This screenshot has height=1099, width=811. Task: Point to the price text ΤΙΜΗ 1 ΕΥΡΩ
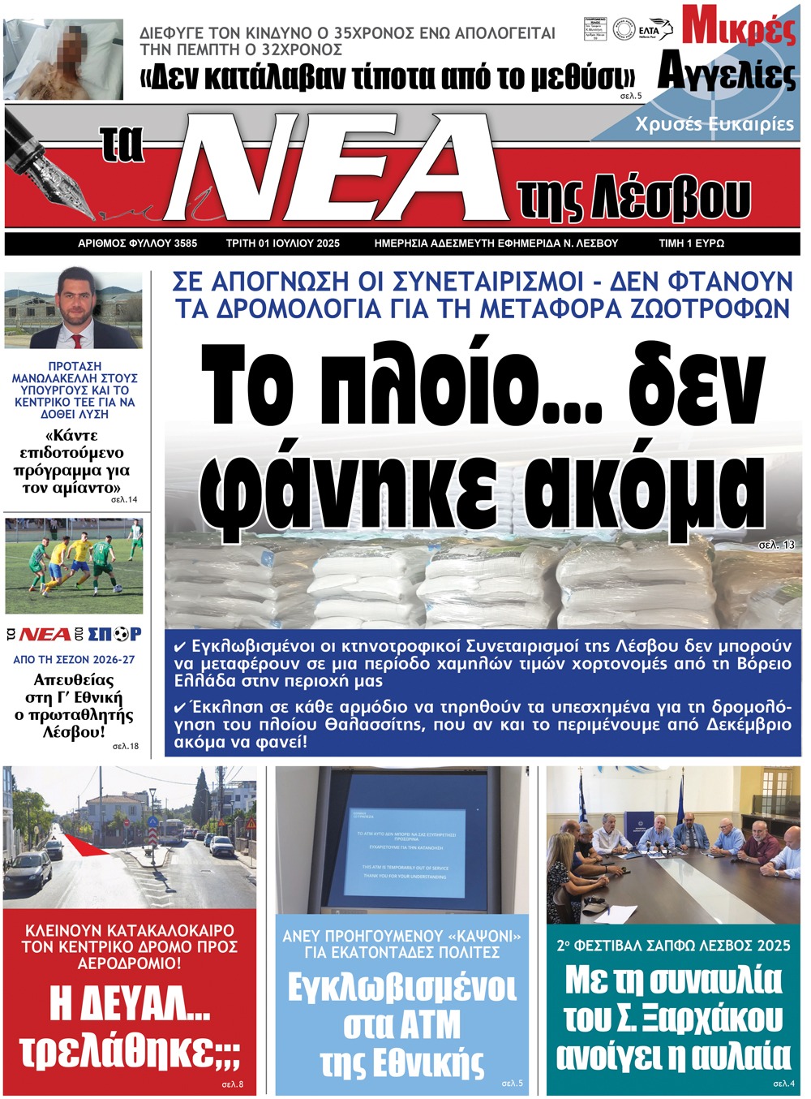(x=691, y=244)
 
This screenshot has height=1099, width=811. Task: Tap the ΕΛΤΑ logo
(x=656, y=29)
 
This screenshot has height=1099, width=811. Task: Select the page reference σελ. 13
(x=776, y=545)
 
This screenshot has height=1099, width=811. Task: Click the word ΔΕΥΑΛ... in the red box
(x=130, y=1003)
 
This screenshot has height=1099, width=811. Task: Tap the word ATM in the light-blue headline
(x=402, y=1025)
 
